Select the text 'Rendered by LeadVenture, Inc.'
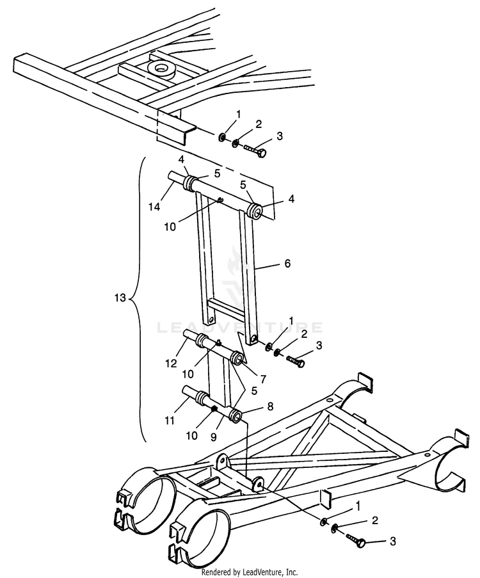click(x=250, y=572)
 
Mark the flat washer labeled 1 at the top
click(x=222, y=136)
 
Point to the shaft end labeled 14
click(x=173, y=177)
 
